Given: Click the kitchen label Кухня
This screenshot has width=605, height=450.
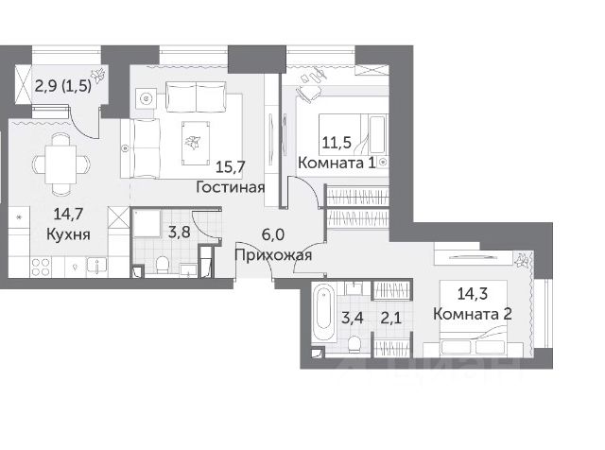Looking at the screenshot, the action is [68, 234].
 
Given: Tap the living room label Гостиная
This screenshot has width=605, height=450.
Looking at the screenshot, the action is [231, 187].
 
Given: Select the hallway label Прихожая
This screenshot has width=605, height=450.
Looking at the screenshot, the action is [273, 255].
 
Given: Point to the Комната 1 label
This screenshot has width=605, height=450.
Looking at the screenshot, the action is [337, 163].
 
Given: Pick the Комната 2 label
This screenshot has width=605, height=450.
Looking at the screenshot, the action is [473, 314].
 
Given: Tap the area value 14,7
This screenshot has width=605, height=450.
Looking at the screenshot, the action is [68, 214].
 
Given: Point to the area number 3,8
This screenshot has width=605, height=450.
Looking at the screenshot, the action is [180, 233].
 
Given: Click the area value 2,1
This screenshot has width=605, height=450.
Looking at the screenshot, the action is [391, 319].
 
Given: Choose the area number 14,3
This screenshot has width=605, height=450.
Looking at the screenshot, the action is [473, 293].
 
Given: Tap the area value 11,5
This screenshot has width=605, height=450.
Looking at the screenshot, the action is [337, 143].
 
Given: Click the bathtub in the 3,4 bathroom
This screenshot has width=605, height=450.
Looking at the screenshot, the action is [324, 313].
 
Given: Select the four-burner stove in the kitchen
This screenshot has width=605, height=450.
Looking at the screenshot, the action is [41, 267].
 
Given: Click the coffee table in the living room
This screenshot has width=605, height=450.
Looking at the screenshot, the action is [196, 143].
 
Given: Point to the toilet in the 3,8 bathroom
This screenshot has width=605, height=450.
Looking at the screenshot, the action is [163, 265].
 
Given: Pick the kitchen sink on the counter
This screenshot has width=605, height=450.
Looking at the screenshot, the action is [96, 267].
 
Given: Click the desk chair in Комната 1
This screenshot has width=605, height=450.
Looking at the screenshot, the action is [308, 93].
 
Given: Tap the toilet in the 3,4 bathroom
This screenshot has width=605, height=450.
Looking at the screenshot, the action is [354, 344].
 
